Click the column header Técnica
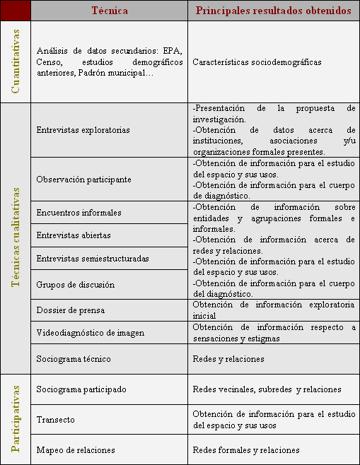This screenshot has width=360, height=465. pyautogui.click(x=109, y=11)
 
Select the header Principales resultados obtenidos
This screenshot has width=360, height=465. pyautogui.click(x=273, y=11)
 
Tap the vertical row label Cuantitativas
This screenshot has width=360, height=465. pyautogui.click(x=16, y=61)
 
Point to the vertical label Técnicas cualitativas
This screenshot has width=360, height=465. pyautogui.click(x=16, y=239)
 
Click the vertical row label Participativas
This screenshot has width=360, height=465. pyautogui.click(x=16, y=419)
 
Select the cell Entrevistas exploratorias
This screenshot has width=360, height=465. pyautogui.click(x=83, y=131)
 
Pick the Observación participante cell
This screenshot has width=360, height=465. pyautogui.click(x=83, y=179)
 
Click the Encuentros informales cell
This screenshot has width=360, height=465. pyautogui.click(x=79, y=213)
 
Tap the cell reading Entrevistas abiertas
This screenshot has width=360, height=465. pyautogui.click(x=73, y=235)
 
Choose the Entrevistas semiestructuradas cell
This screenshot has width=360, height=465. pyautogui.click(x=92, y=259)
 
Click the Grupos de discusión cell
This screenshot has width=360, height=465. pyautogui.click(x=74, y=285)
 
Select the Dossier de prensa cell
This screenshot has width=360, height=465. pyautogui.click(x=70, y=310)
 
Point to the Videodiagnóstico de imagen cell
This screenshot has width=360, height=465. pyautogui.click(x=90, y=332)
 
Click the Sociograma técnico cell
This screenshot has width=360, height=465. pyautogui.click(x=73, y=359)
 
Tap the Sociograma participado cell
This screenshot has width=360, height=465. pyautogui.click(x=81, y=389)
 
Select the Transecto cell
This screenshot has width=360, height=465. pyautogui.click(x=55, y=420)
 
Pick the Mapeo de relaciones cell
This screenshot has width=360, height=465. pyautogui.click(x=75, y=450)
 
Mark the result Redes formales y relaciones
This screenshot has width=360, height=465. pyautogui.click(x=246, y=450)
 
